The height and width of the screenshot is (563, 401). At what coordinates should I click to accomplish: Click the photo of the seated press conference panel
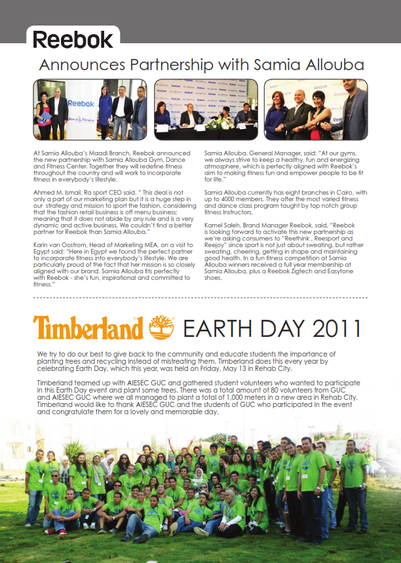(206, 109)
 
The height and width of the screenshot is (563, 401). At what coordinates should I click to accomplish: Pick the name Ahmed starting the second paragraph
(43, 190)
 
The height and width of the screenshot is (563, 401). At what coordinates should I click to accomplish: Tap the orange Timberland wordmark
(88, 327)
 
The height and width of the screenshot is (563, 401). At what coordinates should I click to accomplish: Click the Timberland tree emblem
(161, 327)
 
